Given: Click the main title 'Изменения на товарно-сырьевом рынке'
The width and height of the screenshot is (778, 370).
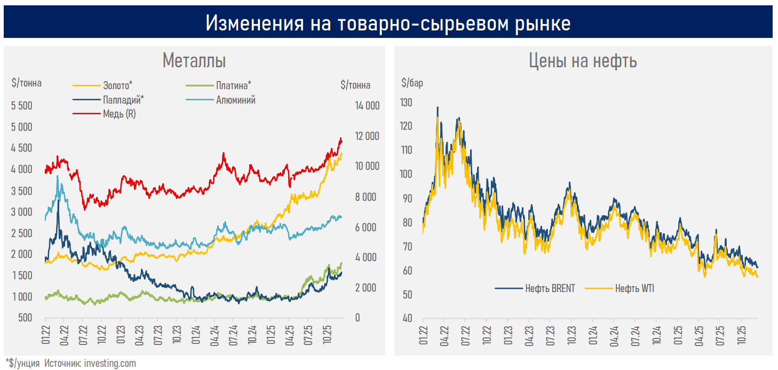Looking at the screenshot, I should pos(388,23).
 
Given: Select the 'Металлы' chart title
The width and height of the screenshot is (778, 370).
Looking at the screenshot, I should pos(194,60).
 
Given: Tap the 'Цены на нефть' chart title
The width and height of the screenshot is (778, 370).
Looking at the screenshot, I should pos(583,61).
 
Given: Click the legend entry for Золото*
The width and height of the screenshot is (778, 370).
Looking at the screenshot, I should pos(117,85).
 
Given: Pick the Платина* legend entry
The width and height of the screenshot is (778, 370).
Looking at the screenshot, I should pos(234,85).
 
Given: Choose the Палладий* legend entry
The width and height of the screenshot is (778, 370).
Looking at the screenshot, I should pos(123,99).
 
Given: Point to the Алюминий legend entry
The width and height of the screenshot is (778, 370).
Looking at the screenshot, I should pos(235,100).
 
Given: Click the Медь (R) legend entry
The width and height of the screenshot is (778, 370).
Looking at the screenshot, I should pos(119,114).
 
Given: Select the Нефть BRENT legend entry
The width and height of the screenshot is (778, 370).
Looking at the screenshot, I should pos(550,288).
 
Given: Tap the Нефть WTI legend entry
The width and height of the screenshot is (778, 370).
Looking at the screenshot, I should pos(634,288).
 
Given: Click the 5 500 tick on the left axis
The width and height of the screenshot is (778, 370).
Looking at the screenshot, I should pos(21,106).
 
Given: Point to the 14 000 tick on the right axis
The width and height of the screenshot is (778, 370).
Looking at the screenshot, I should pos(367,106).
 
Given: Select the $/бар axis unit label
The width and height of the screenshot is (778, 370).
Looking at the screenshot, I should pos(412,84).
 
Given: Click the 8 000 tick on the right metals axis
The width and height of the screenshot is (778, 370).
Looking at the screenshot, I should pos(367,197).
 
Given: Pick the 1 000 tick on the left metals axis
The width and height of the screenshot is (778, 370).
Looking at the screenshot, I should pos(21,297).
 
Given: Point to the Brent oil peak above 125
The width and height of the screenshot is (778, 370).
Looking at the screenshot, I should pos(438,107).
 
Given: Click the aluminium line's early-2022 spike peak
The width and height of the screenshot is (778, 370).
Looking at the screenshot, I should pos(57,176).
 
